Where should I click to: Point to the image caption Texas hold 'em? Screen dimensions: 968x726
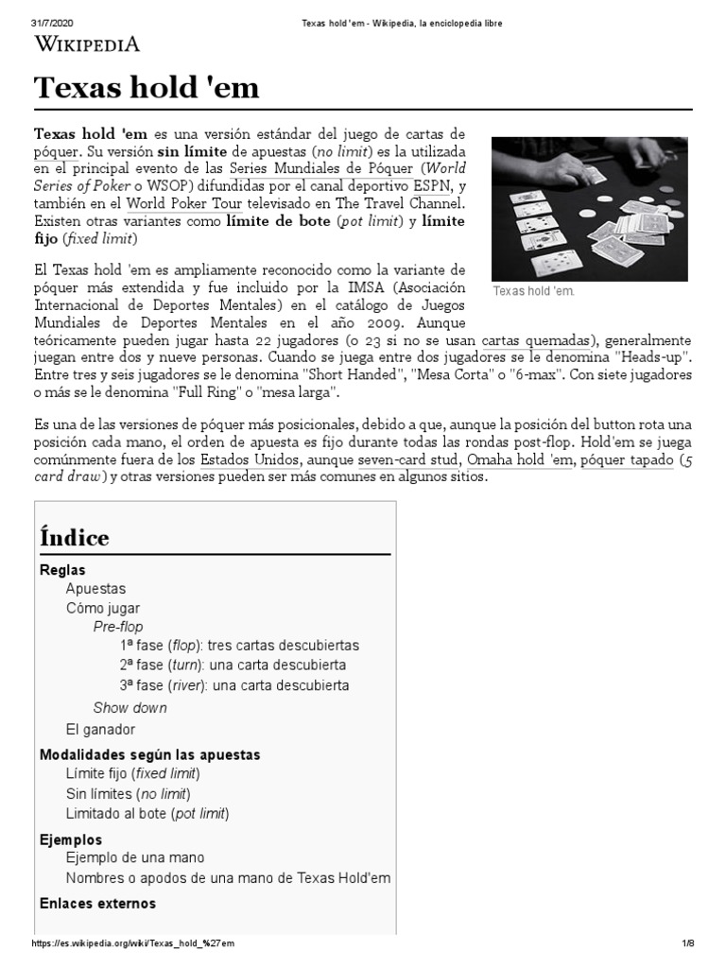coord(533,291)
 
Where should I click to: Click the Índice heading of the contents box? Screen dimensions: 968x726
coord(75,537)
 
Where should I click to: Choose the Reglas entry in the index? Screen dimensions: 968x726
coord(62,570)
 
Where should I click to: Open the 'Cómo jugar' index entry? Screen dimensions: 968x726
coord(102,608)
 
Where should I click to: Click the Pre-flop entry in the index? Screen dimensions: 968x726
coord(118,627)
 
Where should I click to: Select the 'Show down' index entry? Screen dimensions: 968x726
coord(130,707)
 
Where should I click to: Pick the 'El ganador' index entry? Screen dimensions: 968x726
coord(100,729)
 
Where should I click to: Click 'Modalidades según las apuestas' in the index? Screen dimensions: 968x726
coord(149,754)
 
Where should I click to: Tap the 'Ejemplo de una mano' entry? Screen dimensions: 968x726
coord(134,857)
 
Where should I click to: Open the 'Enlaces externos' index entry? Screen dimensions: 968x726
coord(97,903)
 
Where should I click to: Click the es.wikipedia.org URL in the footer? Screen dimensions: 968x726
coord(133,943)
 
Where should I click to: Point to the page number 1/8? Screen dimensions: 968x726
coord(687,943)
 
